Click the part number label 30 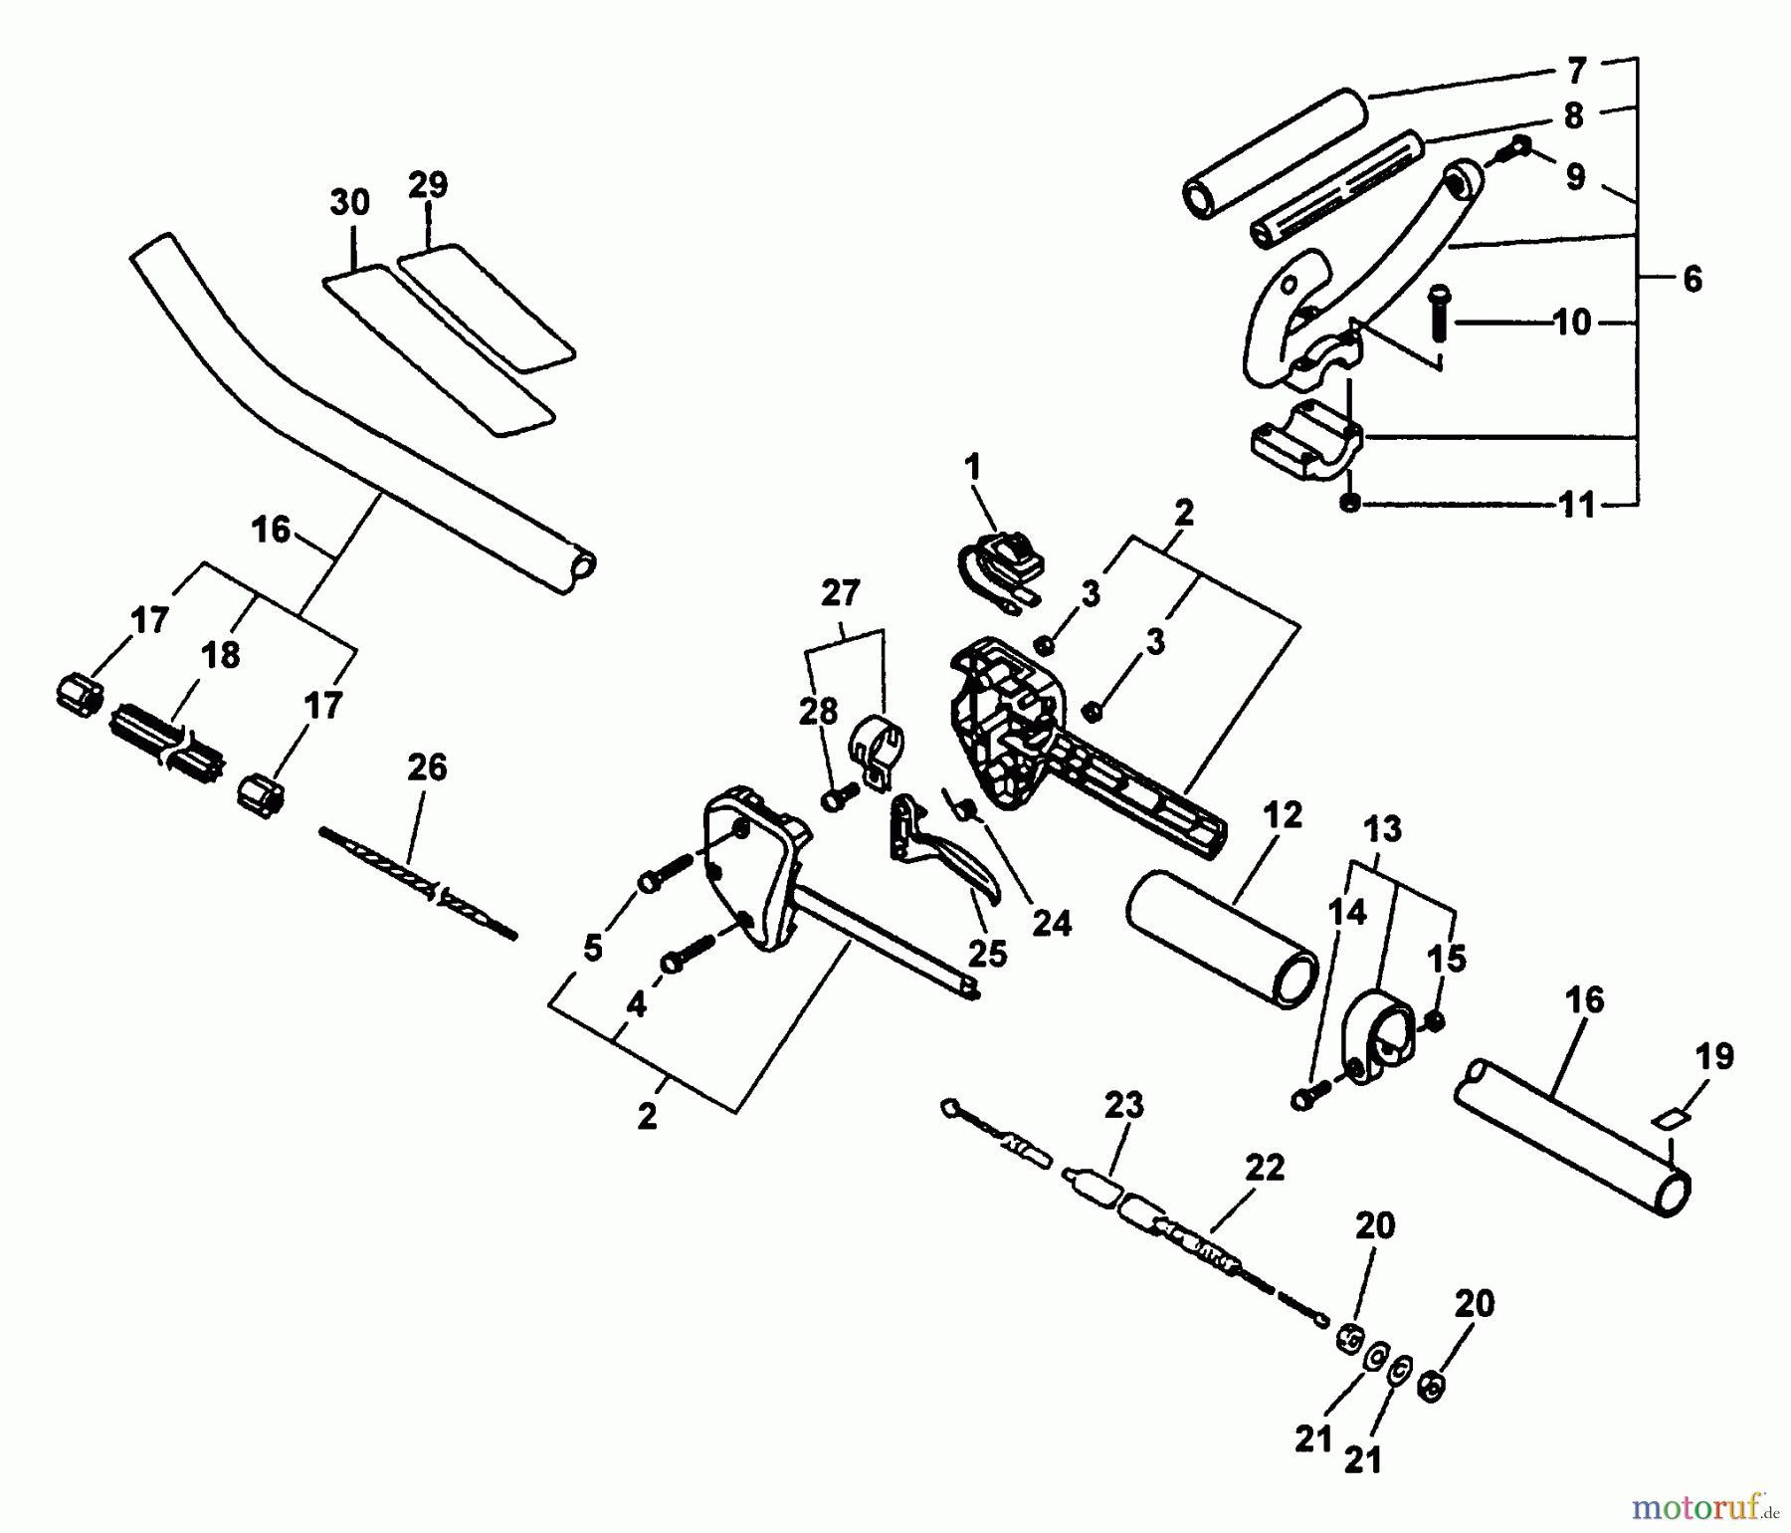(349, 202)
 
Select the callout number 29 (428, 184)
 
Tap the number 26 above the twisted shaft (427, 767)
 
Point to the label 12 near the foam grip (1282, 815)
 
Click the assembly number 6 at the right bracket (1692, 279)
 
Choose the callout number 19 (1713, 1056)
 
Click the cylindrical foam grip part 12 (1222, 938)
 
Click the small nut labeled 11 (1349, 504)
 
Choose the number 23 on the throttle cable (1123, 1105)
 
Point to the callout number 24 (1051, 923)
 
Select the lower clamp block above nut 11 (1305, 443)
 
